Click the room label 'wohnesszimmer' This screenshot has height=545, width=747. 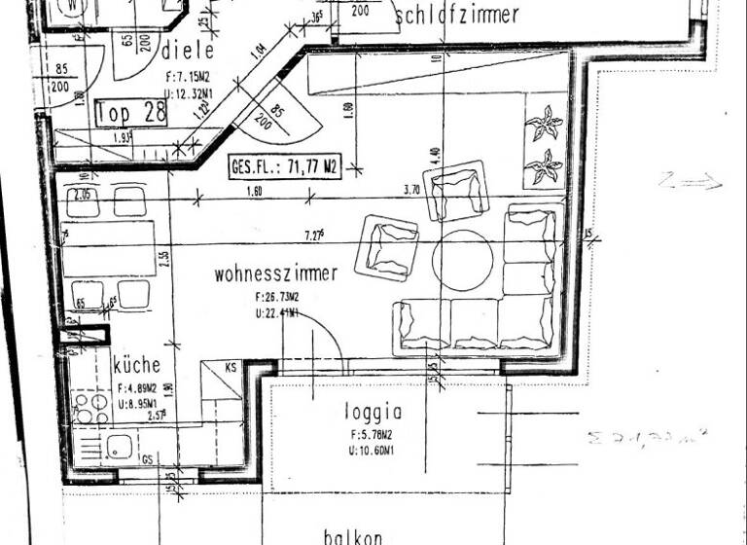pyautogui.click(x=276, y=273)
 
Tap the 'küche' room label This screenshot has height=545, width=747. pyautogui.click(x=137, y=366)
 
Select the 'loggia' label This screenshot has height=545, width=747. pyautogui.click(x=373, y=412)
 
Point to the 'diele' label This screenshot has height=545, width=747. pyautogui.click(x=188, y=50)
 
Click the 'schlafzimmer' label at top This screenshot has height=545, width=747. pyautogui.click(x=457, y=15)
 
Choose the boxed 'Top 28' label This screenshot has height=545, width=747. pyautogui.click(x=132, y=112)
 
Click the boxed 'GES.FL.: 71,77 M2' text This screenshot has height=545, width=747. pyautogui.click(x=283, y=166)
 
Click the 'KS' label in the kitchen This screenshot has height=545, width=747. pyautogui.click(x=231, y=368)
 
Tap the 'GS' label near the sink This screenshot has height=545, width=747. pyautogui.click(x=147, y=458)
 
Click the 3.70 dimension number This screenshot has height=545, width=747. pyautogui.click(x=409, y=191)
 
